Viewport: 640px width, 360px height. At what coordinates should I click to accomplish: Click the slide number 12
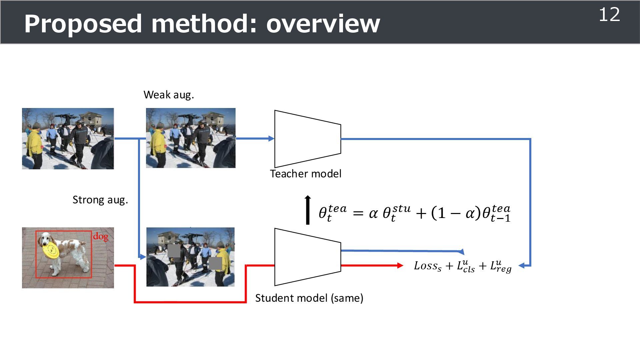tap(609, 15)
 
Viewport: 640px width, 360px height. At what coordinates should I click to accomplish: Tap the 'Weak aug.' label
tap(169, 95)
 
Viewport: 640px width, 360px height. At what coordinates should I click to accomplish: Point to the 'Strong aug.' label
tap(100, 200)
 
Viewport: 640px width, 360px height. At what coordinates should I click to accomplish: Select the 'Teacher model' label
tap(306, 174)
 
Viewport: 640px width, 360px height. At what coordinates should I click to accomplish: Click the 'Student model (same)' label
tap(309, 298)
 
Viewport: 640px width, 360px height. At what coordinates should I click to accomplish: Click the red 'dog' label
tap(100, 237)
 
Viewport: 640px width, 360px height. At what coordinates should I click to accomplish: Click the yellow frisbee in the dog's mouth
tap(51, 250)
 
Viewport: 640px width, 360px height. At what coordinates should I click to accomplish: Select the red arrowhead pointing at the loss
tap(400, 266)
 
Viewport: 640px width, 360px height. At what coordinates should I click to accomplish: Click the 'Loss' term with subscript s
tap(428, 266)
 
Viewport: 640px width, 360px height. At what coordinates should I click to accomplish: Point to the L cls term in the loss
tap(466, 267)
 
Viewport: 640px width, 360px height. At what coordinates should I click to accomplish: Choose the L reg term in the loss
tap(501, 267)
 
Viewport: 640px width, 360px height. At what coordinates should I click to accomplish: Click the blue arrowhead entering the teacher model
tap(271, 139)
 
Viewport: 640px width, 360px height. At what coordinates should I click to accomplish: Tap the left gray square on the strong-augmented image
tap(174, 251)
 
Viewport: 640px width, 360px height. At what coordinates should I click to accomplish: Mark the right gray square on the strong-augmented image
tap(215, 263)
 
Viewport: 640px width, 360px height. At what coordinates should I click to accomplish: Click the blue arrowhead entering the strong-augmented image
tap(143, 257)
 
